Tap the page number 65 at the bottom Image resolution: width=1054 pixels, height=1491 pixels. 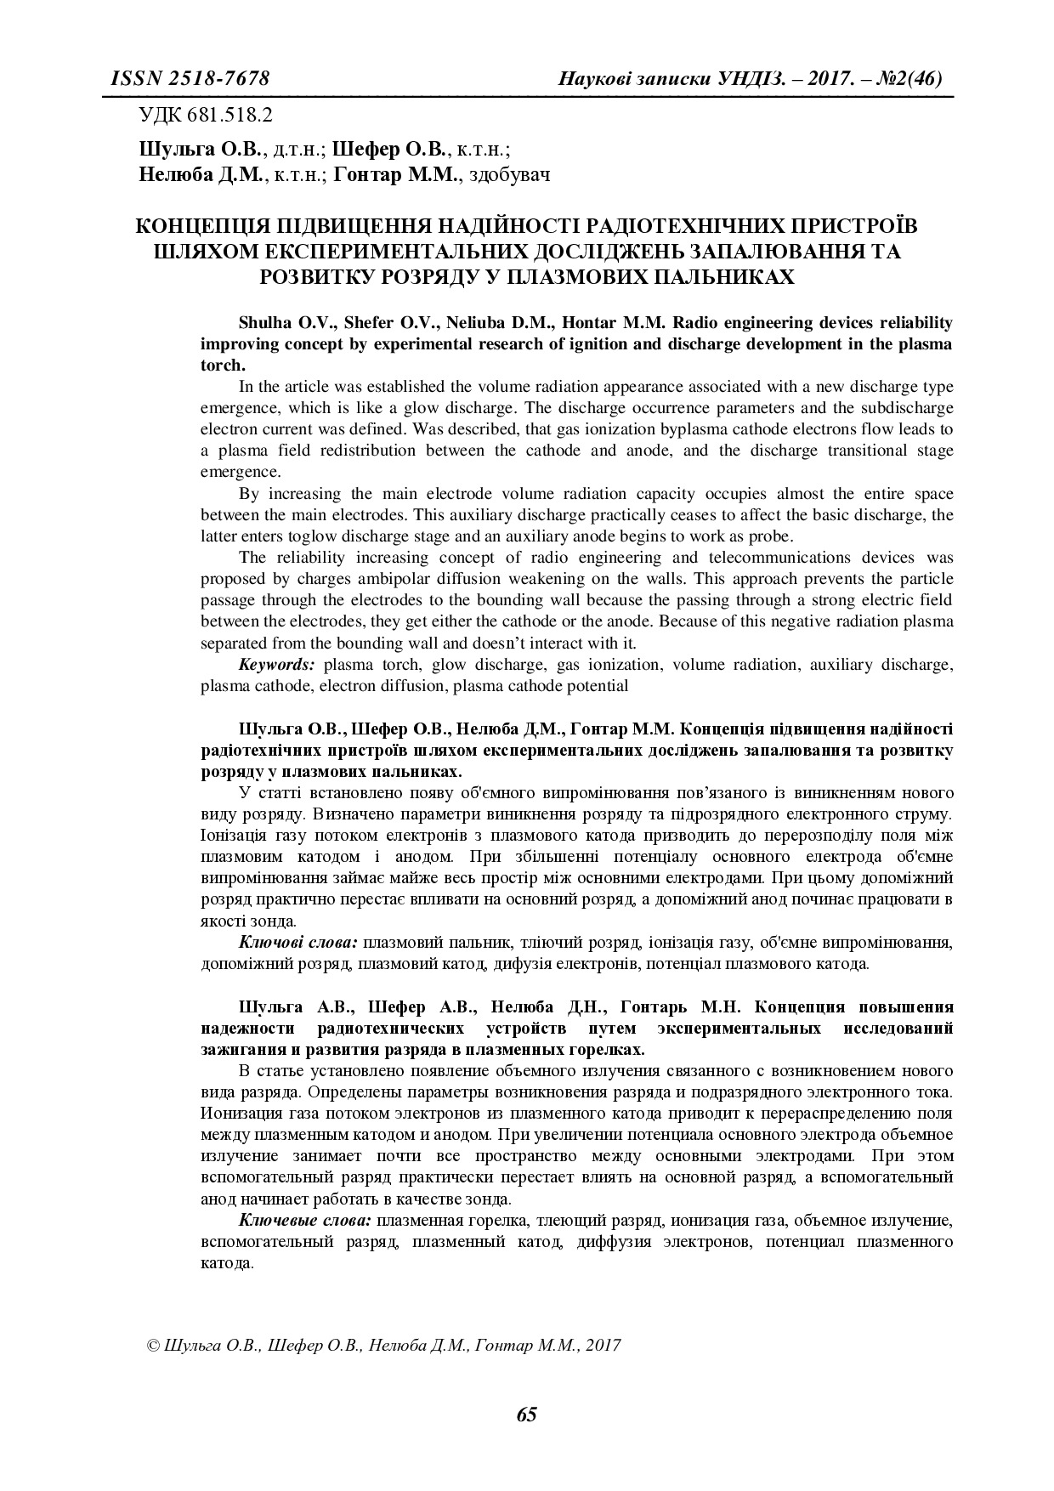pyautogui.click(x=526, y=1414)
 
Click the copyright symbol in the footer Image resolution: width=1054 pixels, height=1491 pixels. pyautogui.click(x=153, y=1346)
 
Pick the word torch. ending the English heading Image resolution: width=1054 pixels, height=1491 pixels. pyautogui.click(x=223, y=366)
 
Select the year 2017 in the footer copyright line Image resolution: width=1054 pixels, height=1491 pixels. pyautogui.click(x=603, y=1346)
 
